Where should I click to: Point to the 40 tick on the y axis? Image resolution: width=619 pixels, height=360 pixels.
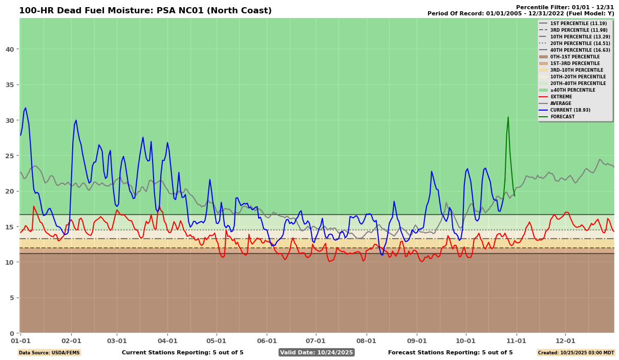11,49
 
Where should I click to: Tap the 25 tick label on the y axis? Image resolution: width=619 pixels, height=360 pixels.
11,156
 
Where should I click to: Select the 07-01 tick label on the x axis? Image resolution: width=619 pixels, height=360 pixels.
315,341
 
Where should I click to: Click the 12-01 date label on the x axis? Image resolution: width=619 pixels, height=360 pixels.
566,341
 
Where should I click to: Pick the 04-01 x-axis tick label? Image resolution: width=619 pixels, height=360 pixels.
167,341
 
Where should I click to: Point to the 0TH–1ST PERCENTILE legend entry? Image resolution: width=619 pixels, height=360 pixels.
574,57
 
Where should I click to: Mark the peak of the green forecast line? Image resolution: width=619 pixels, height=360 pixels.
508,117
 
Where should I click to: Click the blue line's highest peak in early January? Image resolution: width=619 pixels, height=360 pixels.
25,108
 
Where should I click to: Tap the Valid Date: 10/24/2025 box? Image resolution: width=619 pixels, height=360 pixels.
316,352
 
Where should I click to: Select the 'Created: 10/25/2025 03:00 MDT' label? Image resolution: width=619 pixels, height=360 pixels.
575,352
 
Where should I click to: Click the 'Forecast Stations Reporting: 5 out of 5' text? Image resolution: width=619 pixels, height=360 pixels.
450,352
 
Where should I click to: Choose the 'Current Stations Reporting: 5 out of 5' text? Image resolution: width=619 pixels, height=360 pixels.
182,352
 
